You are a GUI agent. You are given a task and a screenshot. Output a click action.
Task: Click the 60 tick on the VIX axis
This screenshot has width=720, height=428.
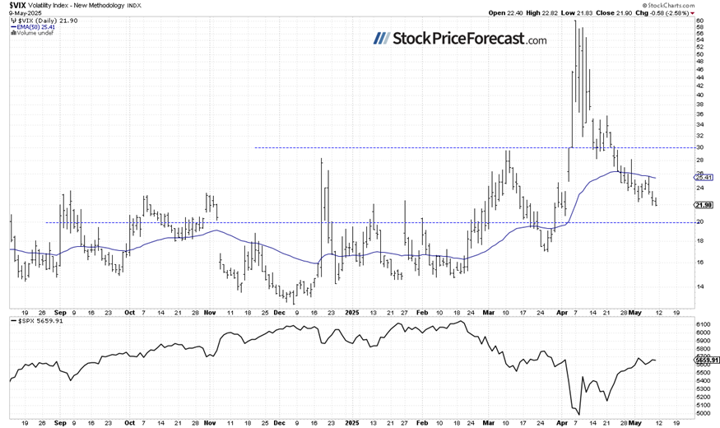[699, 20]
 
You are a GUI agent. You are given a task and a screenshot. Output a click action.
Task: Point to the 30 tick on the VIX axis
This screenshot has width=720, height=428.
[699, 147]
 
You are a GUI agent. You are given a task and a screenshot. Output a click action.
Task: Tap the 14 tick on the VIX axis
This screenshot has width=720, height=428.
[699, 286]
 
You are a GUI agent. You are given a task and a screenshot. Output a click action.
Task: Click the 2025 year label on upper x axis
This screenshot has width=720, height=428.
[351, 313]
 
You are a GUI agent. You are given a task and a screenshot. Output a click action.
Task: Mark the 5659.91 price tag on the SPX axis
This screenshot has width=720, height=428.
[707, 360]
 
